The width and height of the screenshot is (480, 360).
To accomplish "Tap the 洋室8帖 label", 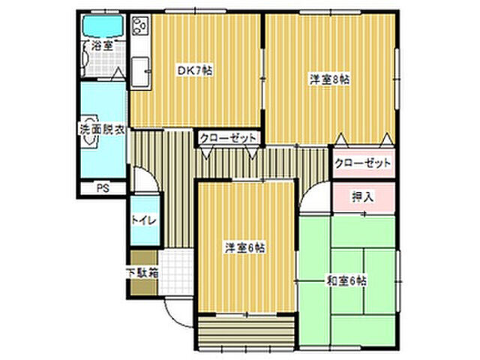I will (331, 78).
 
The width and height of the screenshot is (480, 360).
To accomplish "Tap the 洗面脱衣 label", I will (102, 129).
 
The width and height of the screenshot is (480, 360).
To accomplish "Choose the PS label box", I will (101, 188).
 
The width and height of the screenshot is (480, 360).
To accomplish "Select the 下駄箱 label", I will (142, 273).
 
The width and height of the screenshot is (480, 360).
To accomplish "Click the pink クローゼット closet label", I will (363, 163).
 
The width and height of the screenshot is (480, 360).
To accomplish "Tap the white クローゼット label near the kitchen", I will (229, 138).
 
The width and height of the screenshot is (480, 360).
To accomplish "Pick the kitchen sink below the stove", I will (140, 72).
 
